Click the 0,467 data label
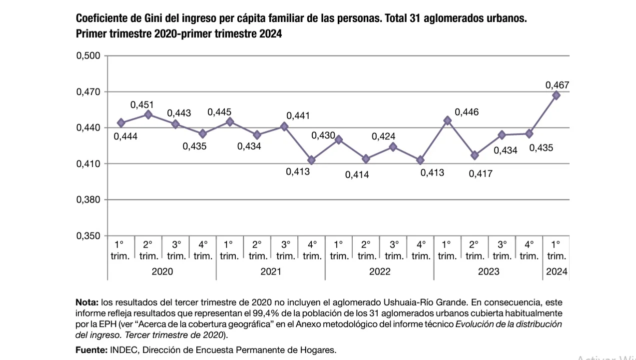point(557,85)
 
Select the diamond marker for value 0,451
point(148,114)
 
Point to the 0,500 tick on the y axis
point(88,56)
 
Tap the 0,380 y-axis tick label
point(88,200)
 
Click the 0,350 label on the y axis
point(88,236)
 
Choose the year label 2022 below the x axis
point(380,272)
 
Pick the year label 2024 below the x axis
point(557,272)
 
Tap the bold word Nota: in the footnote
point(87,302)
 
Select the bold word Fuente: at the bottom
point(90,350)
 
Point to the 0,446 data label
point(467,112)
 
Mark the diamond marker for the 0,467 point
point(556,95)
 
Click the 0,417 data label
point(480,174)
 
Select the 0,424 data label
point(384,136)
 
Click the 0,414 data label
point(357,175)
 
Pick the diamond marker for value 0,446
point(448,120)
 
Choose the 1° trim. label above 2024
point(557,250)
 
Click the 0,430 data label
point(323,135)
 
